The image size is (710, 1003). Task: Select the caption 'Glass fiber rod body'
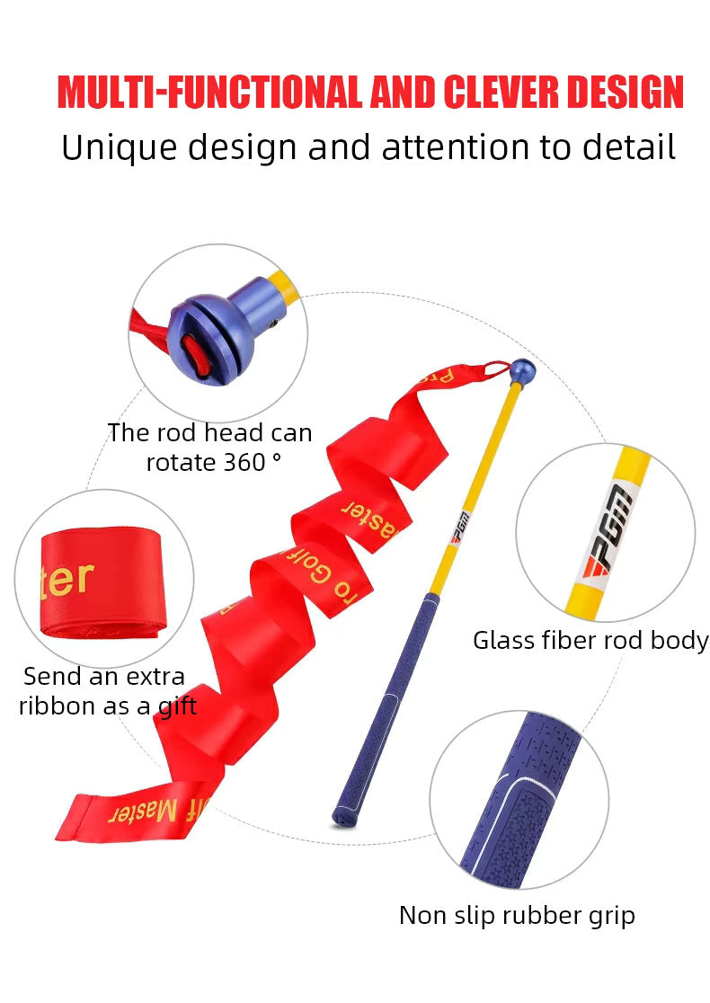pos(590,641)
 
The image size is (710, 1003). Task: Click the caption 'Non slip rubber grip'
pos(517,916)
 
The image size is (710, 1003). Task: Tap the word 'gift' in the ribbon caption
pos(176,706)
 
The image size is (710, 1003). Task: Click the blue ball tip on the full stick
pos(522,368)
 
